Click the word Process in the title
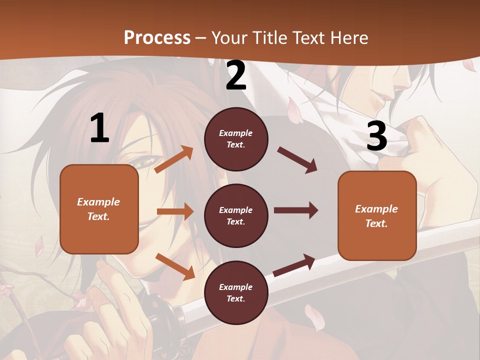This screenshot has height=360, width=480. click(x=157, y=37)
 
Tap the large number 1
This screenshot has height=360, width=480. click(x=99, y=128)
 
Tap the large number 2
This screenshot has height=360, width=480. click(x=236, y=75)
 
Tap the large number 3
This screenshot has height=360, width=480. click(x=376, y=136)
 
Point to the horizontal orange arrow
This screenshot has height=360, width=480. click(x=174, y=211)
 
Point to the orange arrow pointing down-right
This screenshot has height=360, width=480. click(x=174, y=266)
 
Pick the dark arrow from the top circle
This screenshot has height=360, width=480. click(x=297, y=160)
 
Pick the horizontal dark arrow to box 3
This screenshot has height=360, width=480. click(x=295, y=210)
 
